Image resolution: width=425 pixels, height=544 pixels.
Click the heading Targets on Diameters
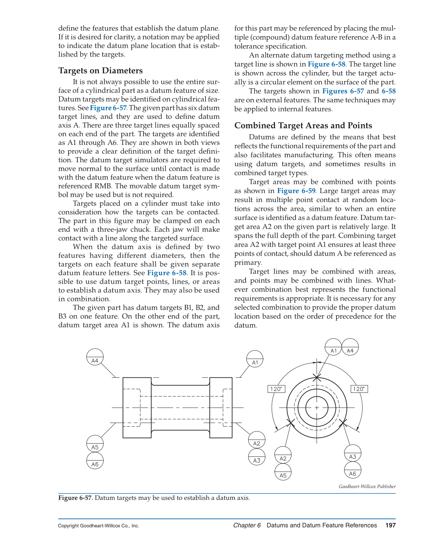point(100,71)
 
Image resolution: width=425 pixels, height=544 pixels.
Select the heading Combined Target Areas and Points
point(303,125)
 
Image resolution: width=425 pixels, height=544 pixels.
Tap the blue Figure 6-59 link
point(296,191)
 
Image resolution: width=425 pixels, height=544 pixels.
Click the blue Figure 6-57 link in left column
point(108,108)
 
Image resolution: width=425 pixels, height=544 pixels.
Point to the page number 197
point(390,525)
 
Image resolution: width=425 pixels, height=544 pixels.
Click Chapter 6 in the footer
point(247,525)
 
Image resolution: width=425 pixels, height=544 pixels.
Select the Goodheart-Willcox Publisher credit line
point(367,486)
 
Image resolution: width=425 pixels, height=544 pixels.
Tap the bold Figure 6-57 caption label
point(75,498)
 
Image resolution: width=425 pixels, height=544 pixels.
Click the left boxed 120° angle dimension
point(276,389)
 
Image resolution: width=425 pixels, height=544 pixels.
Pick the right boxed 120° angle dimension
point(359,389)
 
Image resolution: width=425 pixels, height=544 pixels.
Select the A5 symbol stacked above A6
point(95,444)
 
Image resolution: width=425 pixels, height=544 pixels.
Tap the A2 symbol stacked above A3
point(257,440)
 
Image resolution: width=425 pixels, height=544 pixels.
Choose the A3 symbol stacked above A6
point(353,454)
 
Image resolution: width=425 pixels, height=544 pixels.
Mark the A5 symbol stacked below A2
point(283,472)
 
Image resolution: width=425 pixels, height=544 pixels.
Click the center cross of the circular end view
point(317,408)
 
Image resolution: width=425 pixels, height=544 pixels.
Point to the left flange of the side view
point(137,408)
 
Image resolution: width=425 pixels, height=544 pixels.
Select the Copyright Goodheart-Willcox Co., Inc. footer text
point(99,526)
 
